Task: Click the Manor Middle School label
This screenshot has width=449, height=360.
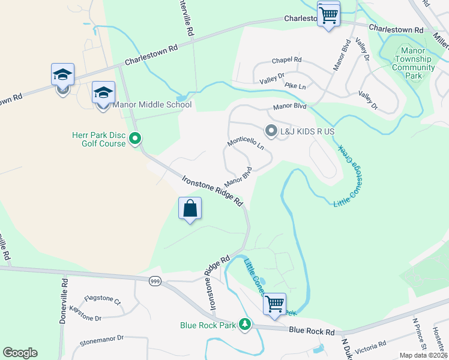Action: tap(152, 105)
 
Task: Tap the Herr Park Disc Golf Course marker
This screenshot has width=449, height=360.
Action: tap(135, 139)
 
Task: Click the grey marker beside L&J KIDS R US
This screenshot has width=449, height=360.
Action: tap(271, 130)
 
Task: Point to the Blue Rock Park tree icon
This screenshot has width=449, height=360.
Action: tap(244, 325)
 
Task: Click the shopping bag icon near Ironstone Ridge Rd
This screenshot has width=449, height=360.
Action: tap(190, 209)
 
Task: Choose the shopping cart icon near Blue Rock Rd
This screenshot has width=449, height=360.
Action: tap(275, 304)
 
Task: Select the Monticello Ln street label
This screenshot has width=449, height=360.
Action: tap(246, 143)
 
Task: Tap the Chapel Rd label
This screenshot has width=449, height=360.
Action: tap(286, 61)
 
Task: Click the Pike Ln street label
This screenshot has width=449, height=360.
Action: tap(295, 86)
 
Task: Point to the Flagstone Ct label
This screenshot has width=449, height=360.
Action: tap(103, 299)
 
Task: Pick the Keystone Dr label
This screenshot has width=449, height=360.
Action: tap(85, 313)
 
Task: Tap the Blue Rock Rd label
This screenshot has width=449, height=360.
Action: tap(312, 331)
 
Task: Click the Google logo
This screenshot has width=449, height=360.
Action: tap(20, 353)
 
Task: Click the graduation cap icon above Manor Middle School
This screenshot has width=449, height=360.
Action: tap(103, 92)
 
